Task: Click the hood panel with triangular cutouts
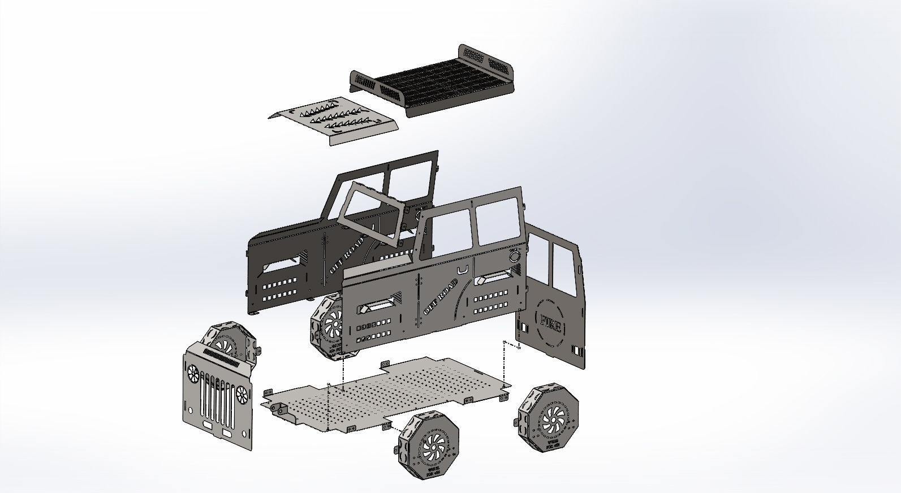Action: click(x=334, y=119)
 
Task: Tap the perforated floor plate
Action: click(x=390, y=390)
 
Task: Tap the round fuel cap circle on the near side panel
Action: click(x=515, y=256)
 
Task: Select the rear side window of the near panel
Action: click(x=498, y=222)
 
